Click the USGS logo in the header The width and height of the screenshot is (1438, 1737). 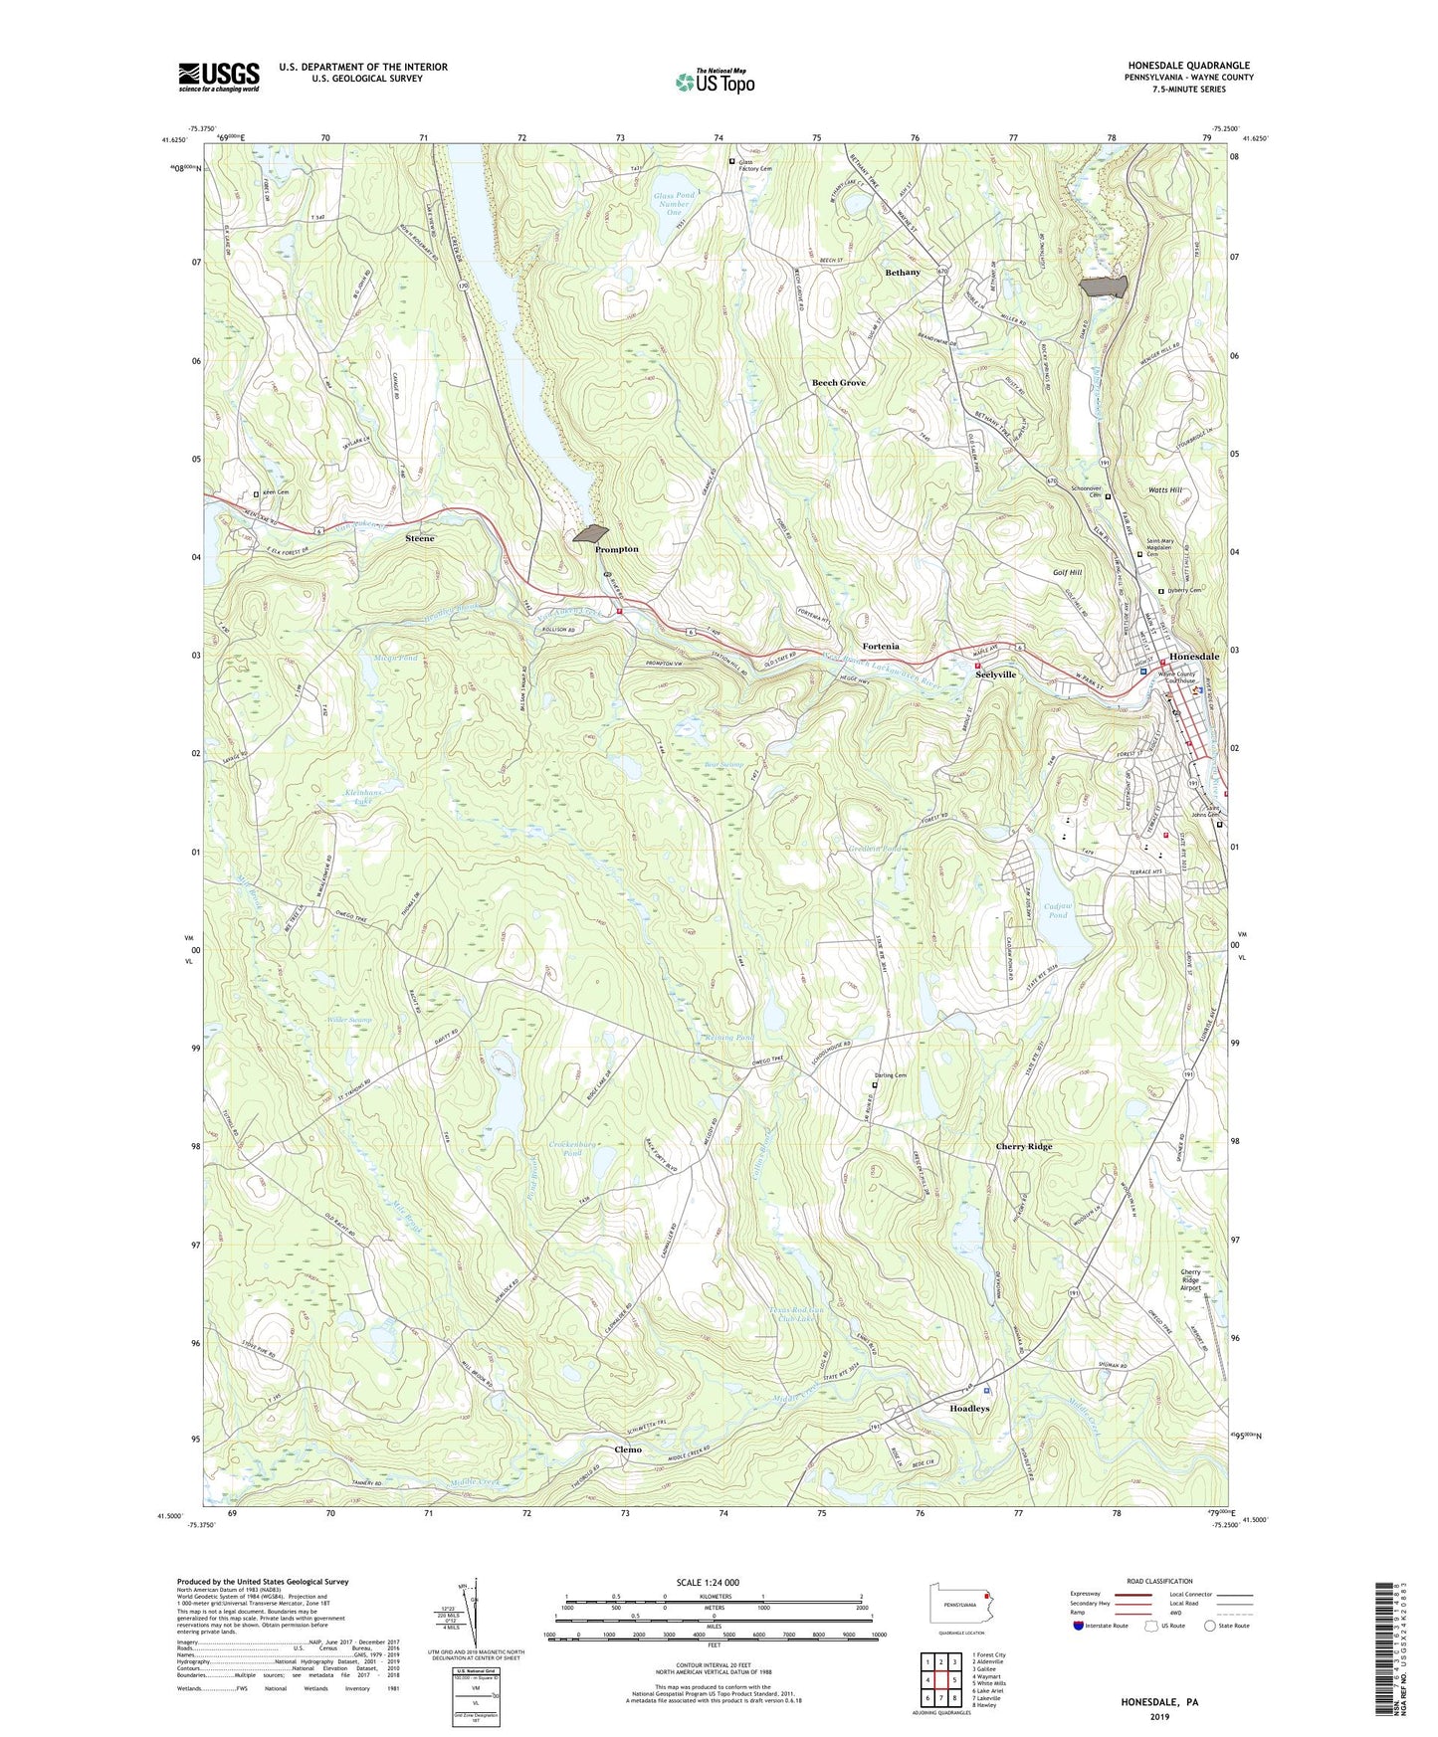click(219, 76)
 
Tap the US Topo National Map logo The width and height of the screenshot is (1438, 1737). click(714, 82)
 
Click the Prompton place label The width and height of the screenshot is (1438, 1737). click(616, 549)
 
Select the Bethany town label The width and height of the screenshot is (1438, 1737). click(903, 272)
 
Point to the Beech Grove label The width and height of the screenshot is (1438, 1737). click(838, 383)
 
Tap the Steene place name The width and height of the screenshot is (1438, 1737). click(420, 538)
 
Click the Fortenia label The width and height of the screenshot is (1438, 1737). click(880, 647)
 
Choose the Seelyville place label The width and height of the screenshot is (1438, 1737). click(995, 675)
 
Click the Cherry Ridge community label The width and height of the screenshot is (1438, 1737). click(1023, 1147)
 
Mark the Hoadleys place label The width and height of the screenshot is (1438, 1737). click(969, 1409)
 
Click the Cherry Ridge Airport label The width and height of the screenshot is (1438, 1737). click(1190, 1279)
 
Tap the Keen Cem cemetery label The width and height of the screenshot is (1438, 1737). click(276, 493)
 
